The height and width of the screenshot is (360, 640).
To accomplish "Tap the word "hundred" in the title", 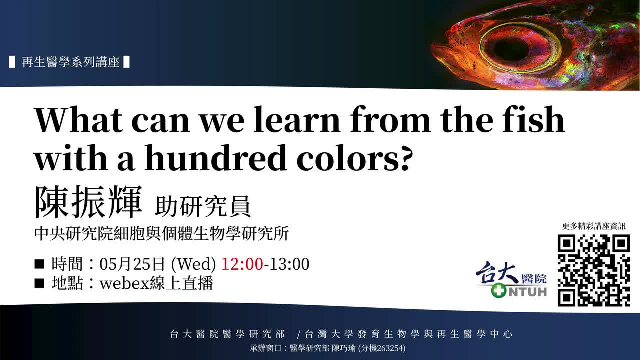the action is (215, 158).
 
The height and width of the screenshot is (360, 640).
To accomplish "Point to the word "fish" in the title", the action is (533, 119).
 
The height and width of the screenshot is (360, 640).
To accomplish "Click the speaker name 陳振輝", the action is (88, 202).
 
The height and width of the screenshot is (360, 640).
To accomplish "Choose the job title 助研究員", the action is (203, 206).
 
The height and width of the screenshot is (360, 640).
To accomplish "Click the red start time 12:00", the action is (242, 264).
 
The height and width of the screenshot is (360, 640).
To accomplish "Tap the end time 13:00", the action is (289, 264).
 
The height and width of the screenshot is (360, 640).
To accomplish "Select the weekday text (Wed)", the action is (193, 264).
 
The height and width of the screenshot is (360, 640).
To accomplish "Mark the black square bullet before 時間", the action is (39, 264).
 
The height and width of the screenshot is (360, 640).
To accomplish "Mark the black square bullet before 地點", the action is (39, 283).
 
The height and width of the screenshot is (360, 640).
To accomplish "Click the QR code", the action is (594, 270).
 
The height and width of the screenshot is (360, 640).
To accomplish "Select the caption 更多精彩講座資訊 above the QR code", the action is (594, 226).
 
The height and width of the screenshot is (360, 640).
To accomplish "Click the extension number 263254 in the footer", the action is (388, 348).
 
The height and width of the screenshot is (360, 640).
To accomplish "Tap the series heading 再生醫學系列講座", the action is (70, 62).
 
